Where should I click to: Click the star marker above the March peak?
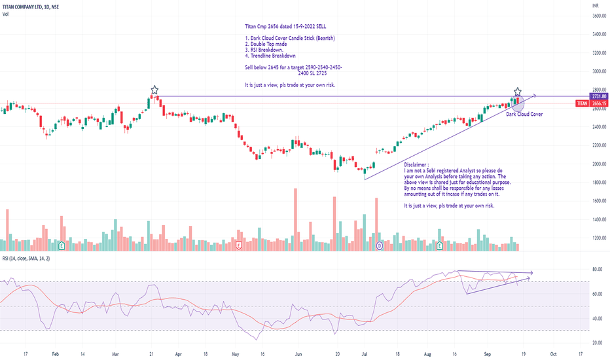[154, 90]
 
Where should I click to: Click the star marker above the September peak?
[518, 91]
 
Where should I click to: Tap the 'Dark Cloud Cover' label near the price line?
[524, 114]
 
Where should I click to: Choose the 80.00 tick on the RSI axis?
[597, 269]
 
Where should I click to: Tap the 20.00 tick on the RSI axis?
[597, 342]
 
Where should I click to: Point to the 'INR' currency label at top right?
[594, 5]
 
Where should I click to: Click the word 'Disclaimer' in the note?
[417, 165]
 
